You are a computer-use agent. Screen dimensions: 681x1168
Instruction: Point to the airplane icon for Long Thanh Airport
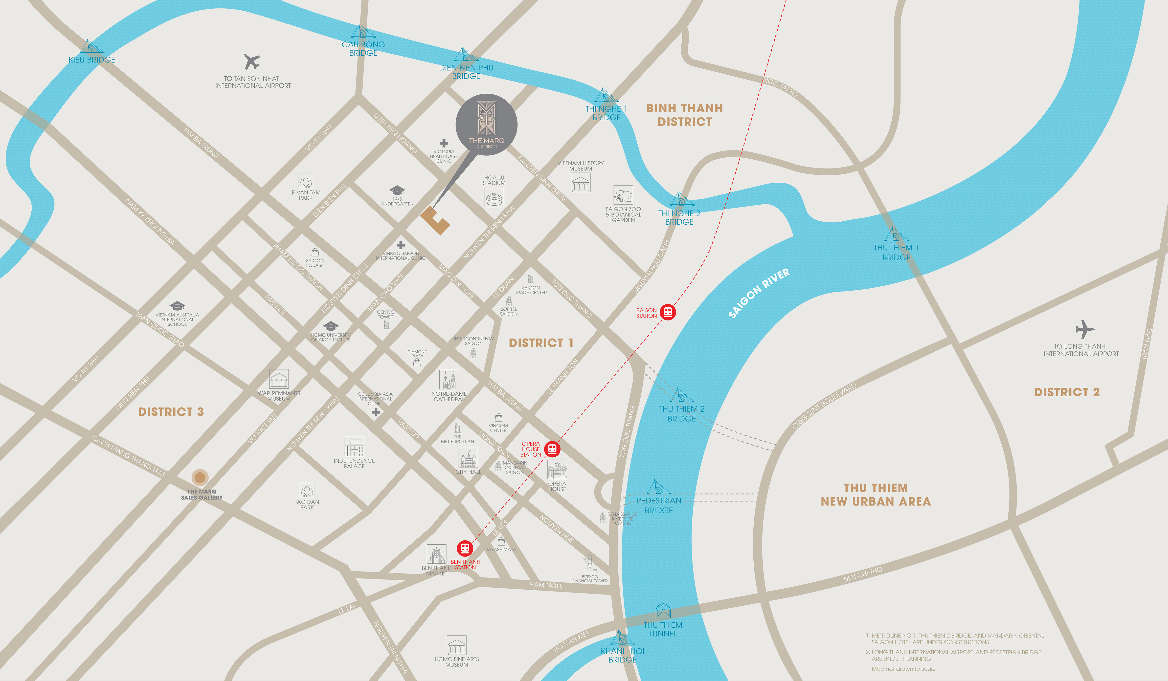click(x=1085, y=329)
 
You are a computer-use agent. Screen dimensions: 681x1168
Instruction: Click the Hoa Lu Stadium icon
click(x=494, y=198)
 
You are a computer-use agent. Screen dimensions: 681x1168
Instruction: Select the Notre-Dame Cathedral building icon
click(x=449, y=380)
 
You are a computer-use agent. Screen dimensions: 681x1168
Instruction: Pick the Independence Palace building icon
click(x=354, y=447)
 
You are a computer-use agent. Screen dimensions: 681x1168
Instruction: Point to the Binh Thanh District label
click(x=685, y=115)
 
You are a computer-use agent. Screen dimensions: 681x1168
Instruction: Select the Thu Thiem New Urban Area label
click(x=876, y=495)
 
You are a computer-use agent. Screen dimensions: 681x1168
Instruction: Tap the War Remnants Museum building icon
click(x=279, y=379)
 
